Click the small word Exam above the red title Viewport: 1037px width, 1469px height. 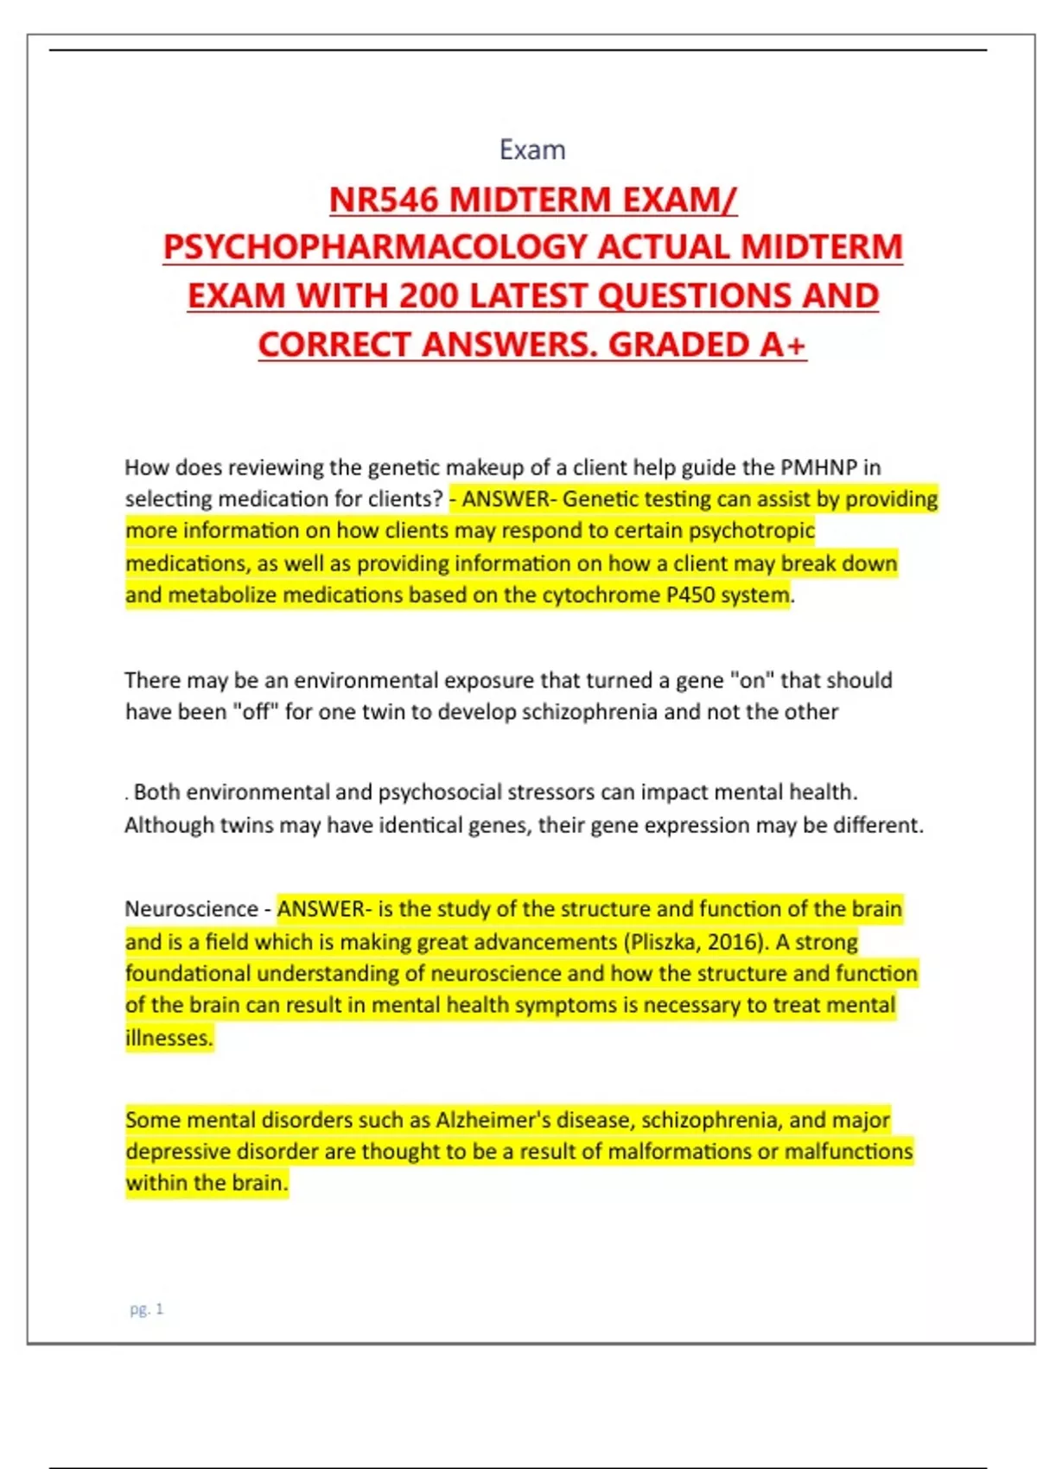pos(532,150)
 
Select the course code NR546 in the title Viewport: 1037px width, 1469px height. pos(384,200)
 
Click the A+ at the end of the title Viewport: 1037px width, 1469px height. pos(783,345)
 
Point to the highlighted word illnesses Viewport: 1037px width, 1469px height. pos(169,1038)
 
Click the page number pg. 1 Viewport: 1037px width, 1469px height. pos(146,1309)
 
